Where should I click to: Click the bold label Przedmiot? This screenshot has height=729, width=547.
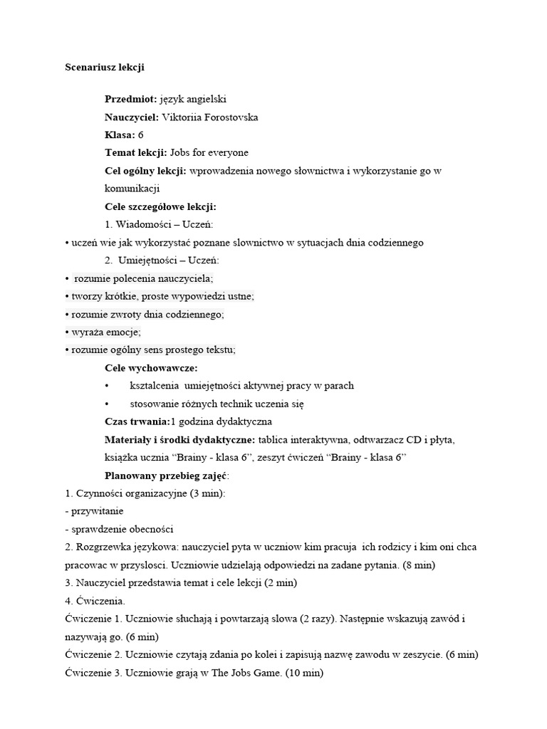tap(130, 99)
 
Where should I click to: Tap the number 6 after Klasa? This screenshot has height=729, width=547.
tap(141, 135)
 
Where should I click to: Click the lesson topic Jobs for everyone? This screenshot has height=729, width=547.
tap(209, 152)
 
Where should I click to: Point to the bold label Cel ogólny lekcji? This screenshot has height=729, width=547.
tap(146, 171)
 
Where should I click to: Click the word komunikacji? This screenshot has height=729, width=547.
tap(132, 189)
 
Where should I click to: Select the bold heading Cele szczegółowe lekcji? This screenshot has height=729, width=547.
tap(160, 206)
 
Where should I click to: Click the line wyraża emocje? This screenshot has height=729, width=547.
tap(103, 332)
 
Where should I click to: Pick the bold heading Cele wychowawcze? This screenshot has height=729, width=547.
tap(151, 367)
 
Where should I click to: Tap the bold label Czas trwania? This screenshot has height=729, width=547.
tap(137, 421)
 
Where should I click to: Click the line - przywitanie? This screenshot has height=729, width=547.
tap(94, 511)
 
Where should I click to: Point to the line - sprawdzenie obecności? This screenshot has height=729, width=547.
tap(119, 529)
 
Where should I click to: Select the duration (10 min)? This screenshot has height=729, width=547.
tap(304, 672)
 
